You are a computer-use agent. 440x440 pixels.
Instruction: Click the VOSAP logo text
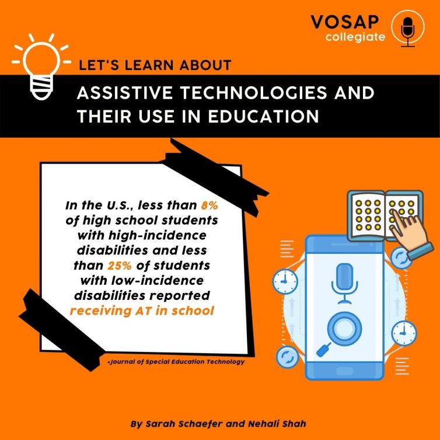[x=345, y=22]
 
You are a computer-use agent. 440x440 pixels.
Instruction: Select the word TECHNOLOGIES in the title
[x=253, y=93]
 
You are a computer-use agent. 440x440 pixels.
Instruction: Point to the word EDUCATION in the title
[x=263, y=116]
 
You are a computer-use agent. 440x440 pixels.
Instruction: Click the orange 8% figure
[x=209, y=205]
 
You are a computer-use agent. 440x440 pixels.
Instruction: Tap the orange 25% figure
[x=120, y=266]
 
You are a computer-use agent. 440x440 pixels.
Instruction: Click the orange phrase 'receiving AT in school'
[x=142, y=311]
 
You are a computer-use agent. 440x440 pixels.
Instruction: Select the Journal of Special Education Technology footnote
[x=176, y=362]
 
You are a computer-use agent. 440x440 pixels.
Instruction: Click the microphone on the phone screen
[x=344, y=284]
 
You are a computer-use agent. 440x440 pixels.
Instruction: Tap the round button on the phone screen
[x=344, y=329]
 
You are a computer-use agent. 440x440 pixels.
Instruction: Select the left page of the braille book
[x=367, y=215]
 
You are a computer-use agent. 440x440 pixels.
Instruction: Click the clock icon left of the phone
[x=285, y=281]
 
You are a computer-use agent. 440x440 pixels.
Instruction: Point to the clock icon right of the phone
[x=403, y=333]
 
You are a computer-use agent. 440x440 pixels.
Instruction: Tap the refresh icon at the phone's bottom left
[x=287, y=357]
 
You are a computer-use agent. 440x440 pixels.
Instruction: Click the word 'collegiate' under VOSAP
[x=355, y=37]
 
